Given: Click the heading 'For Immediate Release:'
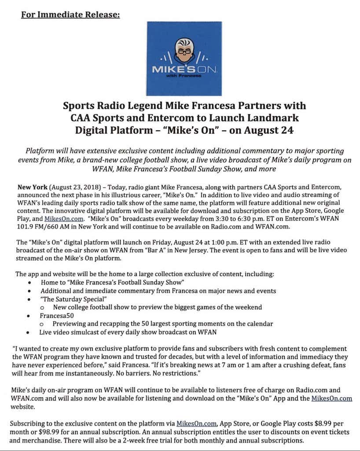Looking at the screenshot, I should coord(70,15).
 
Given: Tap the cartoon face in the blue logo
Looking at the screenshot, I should coord(184,50).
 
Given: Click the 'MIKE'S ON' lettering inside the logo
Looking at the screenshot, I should coord(184,70).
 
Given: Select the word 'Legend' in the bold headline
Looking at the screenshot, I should coord(143,106).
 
